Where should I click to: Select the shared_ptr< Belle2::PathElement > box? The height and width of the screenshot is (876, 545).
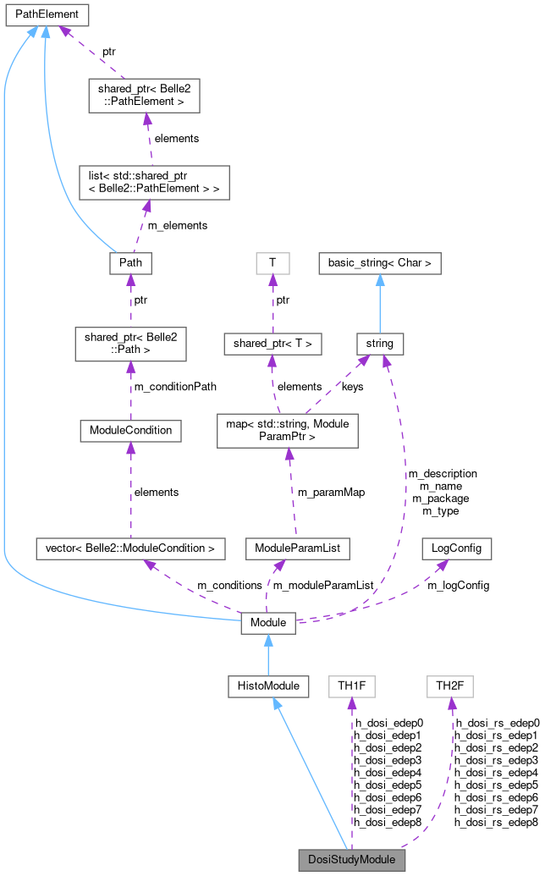pyautogui.click(x=144, y=95)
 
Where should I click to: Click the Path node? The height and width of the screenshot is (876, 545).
pyautogui.click(x=130, y=263)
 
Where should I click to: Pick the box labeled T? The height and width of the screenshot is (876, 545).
pyautogui.click(x=272, y=263)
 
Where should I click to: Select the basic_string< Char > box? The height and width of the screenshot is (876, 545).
pyautogui.click(x=379, y=263)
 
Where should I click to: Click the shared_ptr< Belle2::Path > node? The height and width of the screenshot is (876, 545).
pyautogui.click(x=130, y=344)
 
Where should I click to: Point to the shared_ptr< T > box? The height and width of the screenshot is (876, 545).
pyautogui.click(x=272, y=344)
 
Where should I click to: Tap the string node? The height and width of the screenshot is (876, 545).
pyautogui.click(x=379, y=344)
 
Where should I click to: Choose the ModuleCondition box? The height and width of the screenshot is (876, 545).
pyautogui.click(x=130, y=430)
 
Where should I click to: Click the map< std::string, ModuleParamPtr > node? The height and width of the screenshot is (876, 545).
pyautogui.click(x=288, y=430)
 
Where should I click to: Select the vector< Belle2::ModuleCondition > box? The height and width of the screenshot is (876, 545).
pyautogui.click(x=130, y=548)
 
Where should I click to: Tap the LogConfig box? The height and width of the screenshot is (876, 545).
pyautogui.click(x=456, y=548)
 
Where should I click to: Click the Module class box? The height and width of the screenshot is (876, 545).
pyautogui.click(x=268, y=624)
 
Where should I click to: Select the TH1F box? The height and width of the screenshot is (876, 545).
pyautogui.click(x=351, y=686)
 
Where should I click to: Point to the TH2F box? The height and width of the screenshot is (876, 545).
pyautogui.click(x=449, y=686)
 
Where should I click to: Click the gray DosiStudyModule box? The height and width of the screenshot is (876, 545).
pyautogui.click(x=351, y=860)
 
